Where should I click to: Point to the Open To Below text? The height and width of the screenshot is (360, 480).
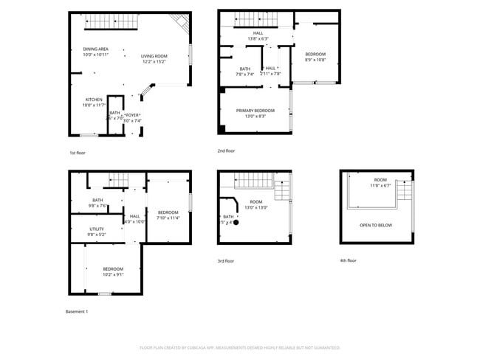coord(376,225)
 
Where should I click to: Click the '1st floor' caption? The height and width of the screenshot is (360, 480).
coord(78,153)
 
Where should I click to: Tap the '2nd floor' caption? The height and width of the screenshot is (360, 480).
coord(226,150)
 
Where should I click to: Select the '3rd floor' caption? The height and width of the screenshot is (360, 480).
coord(226,260)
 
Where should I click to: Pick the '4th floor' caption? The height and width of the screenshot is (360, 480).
coord(348,260)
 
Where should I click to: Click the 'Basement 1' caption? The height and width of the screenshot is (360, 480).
coord(77,311)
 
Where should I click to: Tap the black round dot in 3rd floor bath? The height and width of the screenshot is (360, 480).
coord(236,222)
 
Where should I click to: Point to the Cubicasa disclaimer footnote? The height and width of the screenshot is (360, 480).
coord(240,347)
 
